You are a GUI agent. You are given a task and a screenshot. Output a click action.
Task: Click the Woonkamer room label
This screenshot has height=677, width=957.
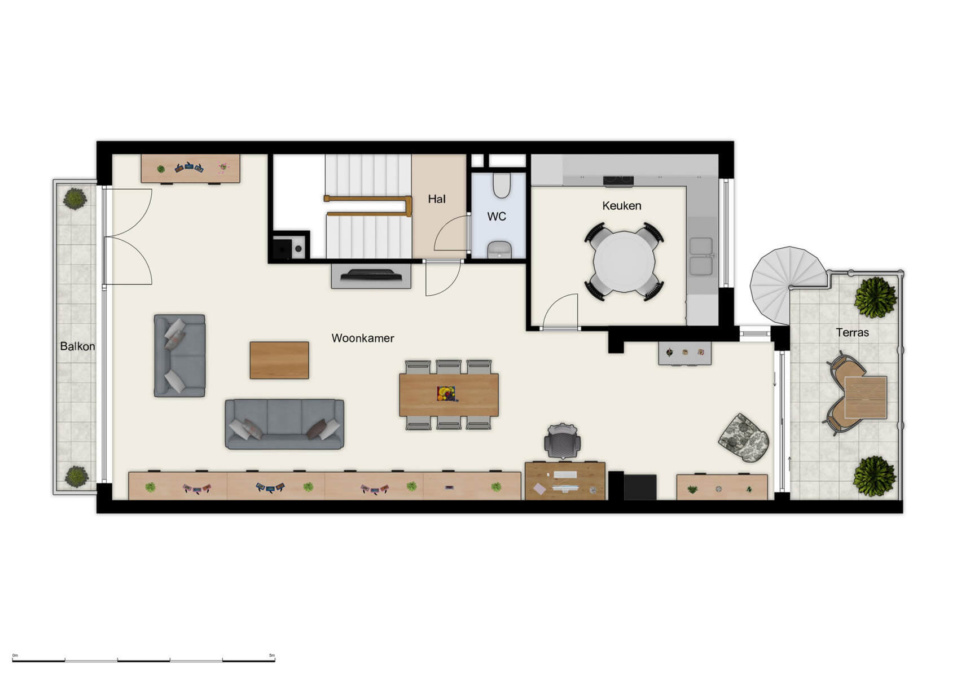(362, 338)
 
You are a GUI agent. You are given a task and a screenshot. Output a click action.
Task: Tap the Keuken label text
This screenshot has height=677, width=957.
(621, 206)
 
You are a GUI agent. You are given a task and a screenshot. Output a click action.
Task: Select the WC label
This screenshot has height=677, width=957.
(497, 217)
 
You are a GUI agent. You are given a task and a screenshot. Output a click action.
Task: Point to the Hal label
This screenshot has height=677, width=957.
(436, 199)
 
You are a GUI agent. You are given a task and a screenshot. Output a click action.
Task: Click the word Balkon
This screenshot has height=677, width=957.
(77, 346)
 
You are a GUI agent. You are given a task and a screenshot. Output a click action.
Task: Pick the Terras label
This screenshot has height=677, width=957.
(852, 333)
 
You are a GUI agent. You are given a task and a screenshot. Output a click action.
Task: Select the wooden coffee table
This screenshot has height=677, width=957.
(279, 360)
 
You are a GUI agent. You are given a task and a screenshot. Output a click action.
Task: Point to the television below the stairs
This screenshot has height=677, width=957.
(371, 275)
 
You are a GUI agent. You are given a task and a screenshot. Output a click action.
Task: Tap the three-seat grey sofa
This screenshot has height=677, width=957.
(284, 424)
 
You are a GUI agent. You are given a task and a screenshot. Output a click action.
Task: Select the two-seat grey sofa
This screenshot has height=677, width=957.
(179, 355)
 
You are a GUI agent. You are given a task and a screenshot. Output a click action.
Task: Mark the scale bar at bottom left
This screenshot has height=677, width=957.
(143, 660)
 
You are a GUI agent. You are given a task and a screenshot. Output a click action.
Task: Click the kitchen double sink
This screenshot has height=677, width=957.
(701, 256)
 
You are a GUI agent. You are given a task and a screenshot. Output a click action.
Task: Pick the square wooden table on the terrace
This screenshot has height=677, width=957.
(865, 397)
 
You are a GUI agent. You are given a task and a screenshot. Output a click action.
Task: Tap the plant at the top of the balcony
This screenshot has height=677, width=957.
(74, 199)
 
